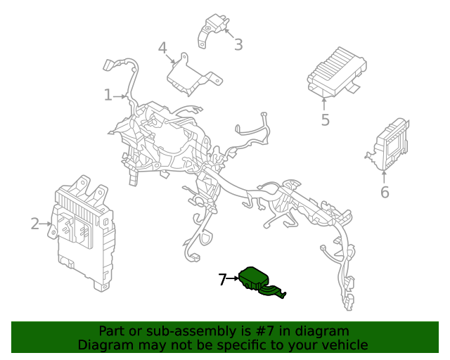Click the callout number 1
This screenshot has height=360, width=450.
[x=108, y=94]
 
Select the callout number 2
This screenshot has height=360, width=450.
[x=35, y=224]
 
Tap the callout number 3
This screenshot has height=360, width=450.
[x=238, y=45]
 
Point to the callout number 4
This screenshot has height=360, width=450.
[x=162, y=48]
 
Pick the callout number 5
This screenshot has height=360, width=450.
[x=325, y=120]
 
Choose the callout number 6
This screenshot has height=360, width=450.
[x=385, y=192]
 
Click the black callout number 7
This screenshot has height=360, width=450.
[x=222, y=280]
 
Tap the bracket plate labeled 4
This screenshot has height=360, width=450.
[x=188, y=73]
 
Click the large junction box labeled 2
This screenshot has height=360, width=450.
[x=83, y=236]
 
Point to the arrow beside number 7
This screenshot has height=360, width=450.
[x=234, y=279]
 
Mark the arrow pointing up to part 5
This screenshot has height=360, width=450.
[x=324, y=103]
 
